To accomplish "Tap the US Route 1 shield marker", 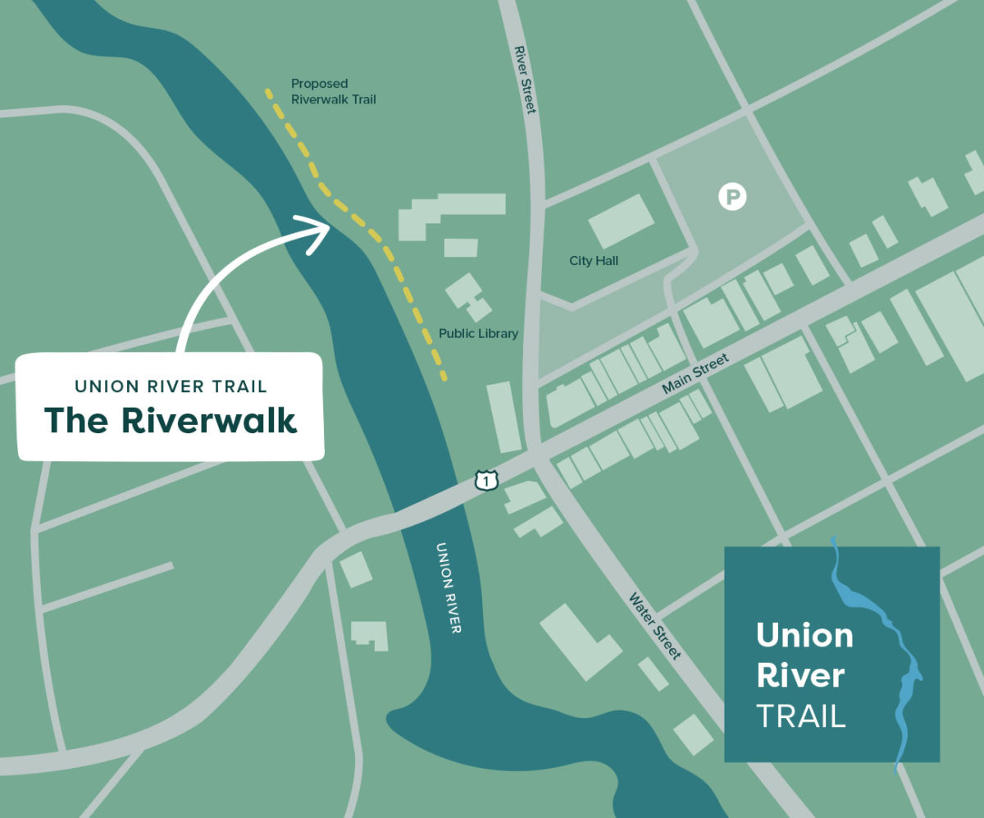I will coord(487,481).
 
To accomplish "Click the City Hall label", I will coord(594,261).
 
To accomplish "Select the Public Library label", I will coord(478,334).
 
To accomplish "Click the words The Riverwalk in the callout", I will coord(171,420).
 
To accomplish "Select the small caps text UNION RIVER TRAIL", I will coord(171,385).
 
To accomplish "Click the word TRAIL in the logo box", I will coord(800,716).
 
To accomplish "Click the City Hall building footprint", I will coord(621,222).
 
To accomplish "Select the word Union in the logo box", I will coord(804,636).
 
